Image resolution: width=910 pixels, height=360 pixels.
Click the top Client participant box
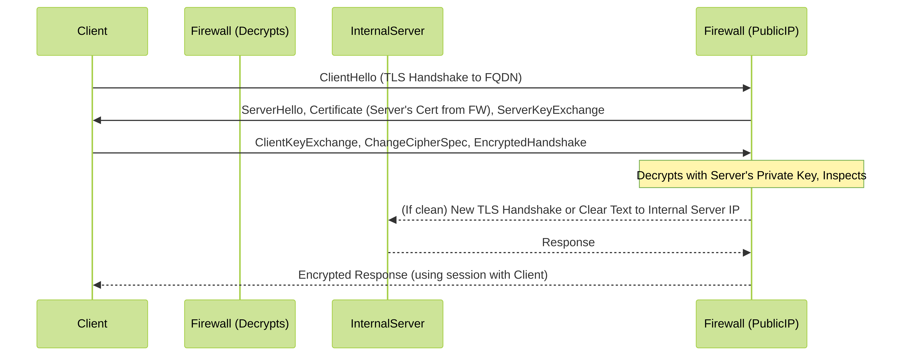click(92, 31)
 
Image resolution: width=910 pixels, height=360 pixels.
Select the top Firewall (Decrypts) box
click(240, 31)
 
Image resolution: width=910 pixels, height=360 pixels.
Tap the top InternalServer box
click(387, 31)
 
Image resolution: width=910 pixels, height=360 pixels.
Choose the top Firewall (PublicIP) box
click(751, 31)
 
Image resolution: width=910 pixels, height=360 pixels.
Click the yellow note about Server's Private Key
click(751, 174)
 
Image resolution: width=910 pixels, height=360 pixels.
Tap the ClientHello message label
click(421, 77)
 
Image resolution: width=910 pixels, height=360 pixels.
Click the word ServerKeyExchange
click(551, 110)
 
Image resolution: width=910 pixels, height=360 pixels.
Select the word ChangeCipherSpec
click(416, 142)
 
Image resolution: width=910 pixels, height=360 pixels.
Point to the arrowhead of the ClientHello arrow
click(747, 88)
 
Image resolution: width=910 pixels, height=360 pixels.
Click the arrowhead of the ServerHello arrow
click(97, 121)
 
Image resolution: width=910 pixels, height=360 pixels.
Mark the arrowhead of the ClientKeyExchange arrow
click(747, 153)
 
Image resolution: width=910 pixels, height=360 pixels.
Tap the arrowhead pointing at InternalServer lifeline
click(392, 220)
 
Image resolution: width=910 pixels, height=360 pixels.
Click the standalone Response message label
click(568, 242)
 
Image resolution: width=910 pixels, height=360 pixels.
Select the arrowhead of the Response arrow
click(747, 253)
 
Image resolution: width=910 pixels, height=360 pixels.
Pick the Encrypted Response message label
click(423, 275)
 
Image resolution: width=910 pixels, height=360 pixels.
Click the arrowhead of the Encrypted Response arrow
click(97, 285)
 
